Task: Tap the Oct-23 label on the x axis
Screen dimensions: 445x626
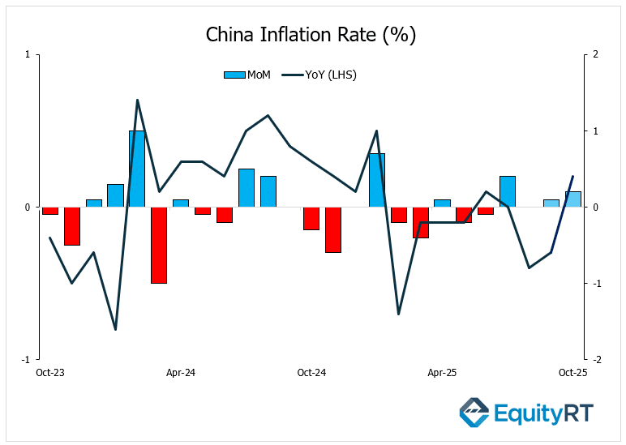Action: (50, 373)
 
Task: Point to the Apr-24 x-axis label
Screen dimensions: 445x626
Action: (181, 373)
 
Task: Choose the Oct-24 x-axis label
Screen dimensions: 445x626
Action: (311, 373)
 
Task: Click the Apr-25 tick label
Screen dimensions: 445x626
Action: (442, 373)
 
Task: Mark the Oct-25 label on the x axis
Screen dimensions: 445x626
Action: (572, 373)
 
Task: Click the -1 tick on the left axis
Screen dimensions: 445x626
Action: (27, 359)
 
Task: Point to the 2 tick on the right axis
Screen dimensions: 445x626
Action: (596, 55)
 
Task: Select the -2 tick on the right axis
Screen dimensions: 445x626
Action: (596, 359)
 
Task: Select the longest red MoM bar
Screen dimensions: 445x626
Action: (159, 245)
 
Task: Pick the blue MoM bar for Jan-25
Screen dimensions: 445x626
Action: (377, 180)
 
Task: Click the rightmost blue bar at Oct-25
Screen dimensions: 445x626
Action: (572, 199)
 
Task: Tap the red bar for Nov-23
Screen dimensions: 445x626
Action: (72, 226)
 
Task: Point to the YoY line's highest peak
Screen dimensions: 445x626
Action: (137, 101)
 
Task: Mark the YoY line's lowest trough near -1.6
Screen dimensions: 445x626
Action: (115, 329)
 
